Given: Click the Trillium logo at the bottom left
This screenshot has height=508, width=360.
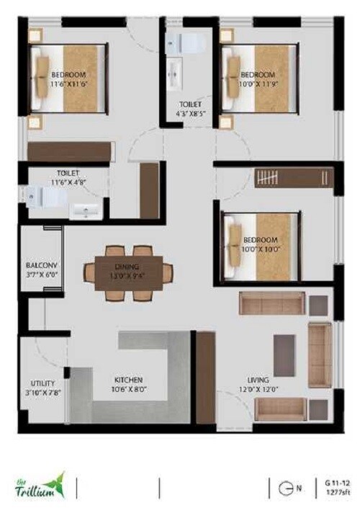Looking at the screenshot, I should pyautogui.click(x=40, y=486).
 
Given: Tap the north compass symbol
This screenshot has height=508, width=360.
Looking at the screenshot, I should pyautogui.click(x=286, y=488).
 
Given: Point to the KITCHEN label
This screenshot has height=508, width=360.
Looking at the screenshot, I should pyautogui.click(x=129, y=379).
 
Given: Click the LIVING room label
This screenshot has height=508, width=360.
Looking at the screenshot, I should pyautogui.click(x=258, y=379).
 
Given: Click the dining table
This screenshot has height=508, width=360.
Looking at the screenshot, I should pyautogui.click(x=128, y=272).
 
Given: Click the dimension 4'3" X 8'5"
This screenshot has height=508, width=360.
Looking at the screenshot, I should pyautogui.click(x=193, y=113).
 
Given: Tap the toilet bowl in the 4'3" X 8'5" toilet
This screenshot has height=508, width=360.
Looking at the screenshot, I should pyautogui.click(x=186, y=43).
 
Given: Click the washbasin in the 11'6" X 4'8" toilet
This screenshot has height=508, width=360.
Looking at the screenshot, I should pyautogui.click(x=88, y=211).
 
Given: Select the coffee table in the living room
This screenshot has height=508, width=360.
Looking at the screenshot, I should pyautogui.click(x=284, y=356).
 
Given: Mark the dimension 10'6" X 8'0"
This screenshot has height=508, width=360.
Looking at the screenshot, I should pyautogui.click(x=129, y=390).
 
